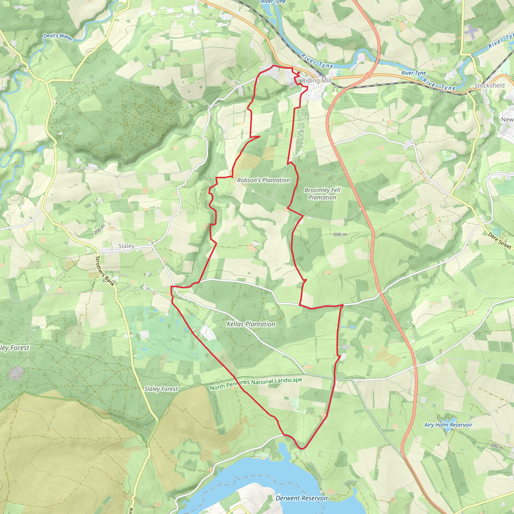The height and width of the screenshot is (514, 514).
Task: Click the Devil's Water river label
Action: pyautogui.click(x=58, y=37)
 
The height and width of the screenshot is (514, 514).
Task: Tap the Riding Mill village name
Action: pyautogui.click(x=316, y=81)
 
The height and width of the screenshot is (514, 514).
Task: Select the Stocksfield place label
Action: pyautogui.click(x=489, y=85)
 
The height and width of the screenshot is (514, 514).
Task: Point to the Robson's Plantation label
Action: pyautogui.click(x=263, y=180)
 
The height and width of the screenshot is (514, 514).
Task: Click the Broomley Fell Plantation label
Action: pyautogui.click(x=322, y=194)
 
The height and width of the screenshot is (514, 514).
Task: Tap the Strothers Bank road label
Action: pyautogui.click(x=105, y=271)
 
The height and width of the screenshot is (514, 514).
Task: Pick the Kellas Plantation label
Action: pyautogui.click(x=251, y=324)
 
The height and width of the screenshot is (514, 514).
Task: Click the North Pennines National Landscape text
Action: pyautogui.click(x=256, y=384)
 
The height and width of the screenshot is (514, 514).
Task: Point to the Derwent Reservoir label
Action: pyautogui.click(x=302, y=498)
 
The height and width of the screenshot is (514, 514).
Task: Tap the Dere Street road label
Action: pyautogui.click(x=499, y=241)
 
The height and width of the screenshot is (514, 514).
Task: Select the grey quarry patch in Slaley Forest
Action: pyautogui.click(x=16, y=373)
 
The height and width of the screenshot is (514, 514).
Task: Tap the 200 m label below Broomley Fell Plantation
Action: pyautogui.click(x=340, y=234)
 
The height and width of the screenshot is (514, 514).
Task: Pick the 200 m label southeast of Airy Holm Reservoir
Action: pyautogui.click(x=497, y=446)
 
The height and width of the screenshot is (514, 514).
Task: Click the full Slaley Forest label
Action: pyautogui.click(x=161, y=389)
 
